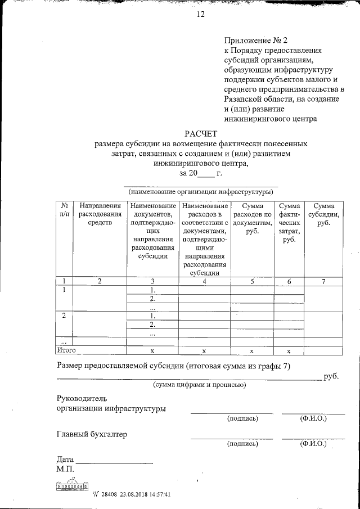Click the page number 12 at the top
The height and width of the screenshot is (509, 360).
[x=201, y=15]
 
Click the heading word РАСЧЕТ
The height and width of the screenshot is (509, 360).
[x=201, y=133]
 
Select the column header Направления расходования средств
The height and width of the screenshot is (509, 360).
[x=100, y=214]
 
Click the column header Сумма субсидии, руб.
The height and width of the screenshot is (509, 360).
[x=323, y=214]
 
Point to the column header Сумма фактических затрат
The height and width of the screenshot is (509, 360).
[x=290, y=223]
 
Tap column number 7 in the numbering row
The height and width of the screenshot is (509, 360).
[x=323, y=281]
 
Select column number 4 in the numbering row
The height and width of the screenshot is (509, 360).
[x=204, y=281]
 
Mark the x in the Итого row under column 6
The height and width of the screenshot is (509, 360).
[x=288, y=350]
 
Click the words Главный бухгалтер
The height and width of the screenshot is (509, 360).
[x=92, y=434]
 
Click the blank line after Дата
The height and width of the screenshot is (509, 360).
[x=115, y=461]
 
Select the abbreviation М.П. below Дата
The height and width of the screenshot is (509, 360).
[x=66, y=469]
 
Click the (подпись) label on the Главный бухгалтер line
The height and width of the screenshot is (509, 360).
[x=242, y=444]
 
